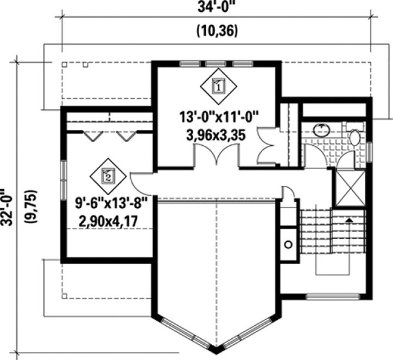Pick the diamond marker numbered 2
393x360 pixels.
pos(108,175)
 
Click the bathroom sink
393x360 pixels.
pos(321,130)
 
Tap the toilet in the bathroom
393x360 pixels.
pos(356,136)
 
